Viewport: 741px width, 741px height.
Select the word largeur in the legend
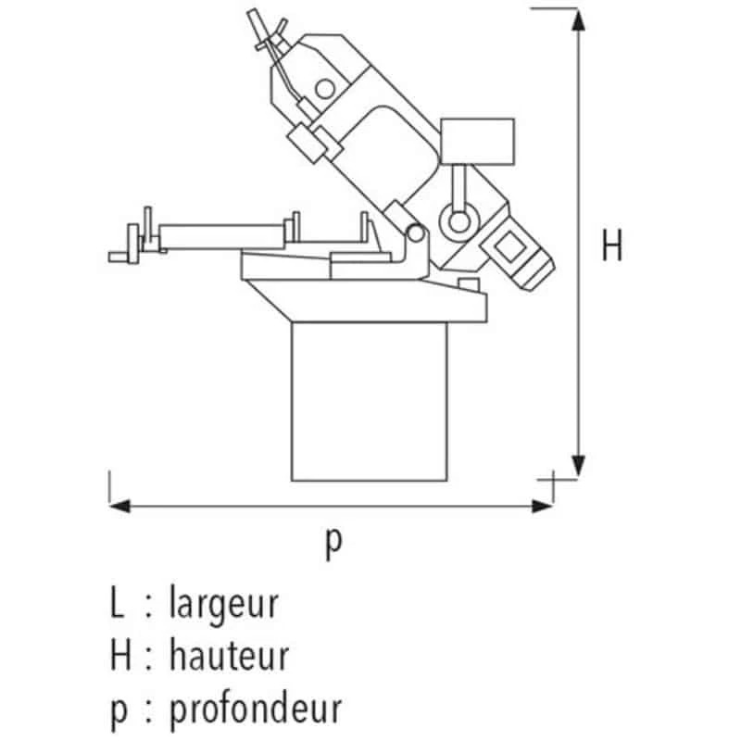[x=223, y=603]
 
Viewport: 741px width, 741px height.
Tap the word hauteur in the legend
[x=229, y=655]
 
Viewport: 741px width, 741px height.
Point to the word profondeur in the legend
[x=255, y=709]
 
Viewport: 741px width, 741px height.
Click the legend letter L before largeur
[x=117, y=603]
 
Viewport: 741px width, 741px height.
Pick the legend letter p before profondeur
[x=118, y=710]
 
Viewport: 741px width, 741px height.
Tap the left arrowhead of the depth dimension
[x=119, y=506]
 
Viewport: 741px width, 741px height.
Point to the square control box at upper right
[x=478, y=141]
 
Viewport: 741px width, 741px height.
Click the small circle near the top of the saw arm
[x=324, y=89]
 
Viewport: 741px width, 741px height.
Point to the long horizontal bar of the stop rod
[x=222, y=228]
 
